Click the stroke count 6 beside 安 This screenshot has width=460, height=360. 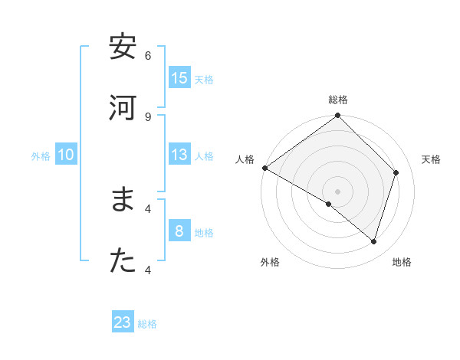(148, 55)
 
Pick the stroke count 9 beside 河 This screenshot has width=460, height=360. (148, 116)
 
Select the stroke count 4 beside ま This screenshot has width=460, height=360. (148, 208)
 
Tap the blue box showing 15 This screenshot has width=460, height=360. (179, 78)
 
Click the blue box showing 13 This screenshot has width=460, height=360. (179, 155)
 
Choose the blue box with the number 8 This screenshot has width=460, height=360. (179, 231)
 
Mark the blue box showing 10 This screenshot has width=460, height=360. (66, 155)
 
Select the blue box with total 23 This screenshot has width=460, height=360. (123, 322)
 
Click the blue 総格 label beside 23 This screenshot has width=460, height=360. (147, 324)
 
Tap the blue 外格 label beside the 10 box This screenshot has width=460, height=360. (41, 156)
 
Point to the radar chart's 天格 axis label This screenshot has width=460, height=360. (432, 159)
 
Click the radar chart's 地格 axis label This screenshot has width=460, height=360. (402, 262)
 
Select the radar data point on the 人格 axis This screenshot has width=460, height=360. (264, 168)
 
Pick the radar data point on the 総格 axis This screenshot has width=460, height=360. (337, 116)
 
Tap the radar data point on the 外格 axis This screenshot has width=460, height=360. (329, 204)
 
